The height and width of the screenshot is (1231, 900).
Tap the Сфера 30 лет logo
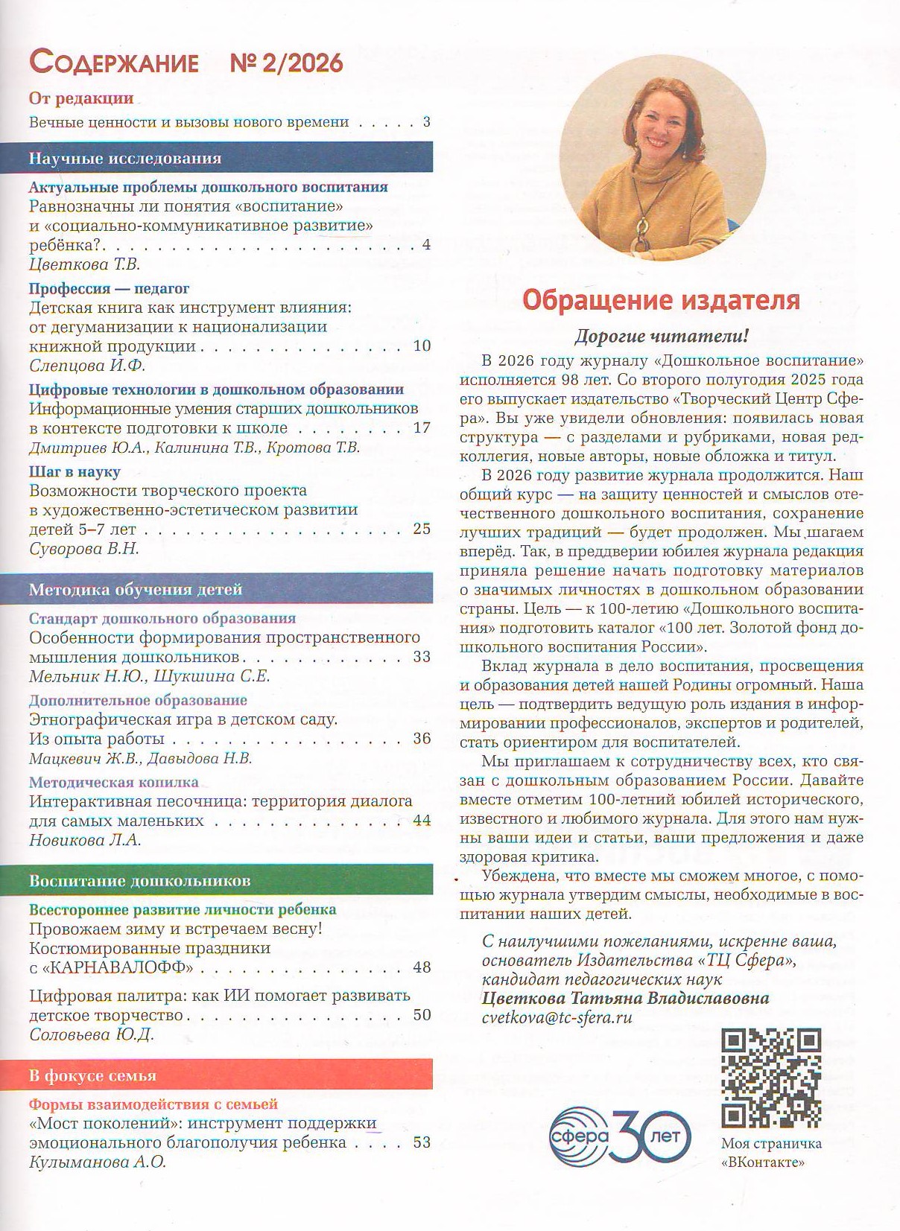tap(620, 1136)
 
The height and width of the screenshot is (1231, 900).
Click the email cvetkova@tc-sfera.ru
tap(557, 1017)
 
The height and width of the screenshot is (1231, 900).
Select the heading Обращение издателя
tap(661, 300)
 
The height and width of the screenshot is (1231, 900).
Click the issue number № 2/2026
tap(286, 63)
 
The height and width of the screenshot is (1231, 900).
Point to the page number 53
tap(422, 1142)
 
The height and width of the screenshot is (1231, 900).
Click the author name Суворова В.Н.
tap(84, 548)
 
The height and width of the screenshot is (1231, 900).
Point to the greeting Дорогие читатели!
tap(661, 336)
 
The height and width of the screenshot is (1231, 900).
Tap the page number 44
tap(422, 821)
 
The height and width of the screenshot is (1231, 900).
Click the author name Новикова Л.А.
tap(85, 840)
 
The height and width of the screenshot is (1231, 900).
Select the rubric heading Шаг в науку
tap(75, 471)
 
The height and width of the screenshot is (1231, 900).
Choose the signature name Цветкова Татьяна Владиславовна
tap(625, 998)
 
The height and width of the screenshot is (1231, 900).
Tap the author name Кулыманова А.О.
tap(98, 1162)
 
